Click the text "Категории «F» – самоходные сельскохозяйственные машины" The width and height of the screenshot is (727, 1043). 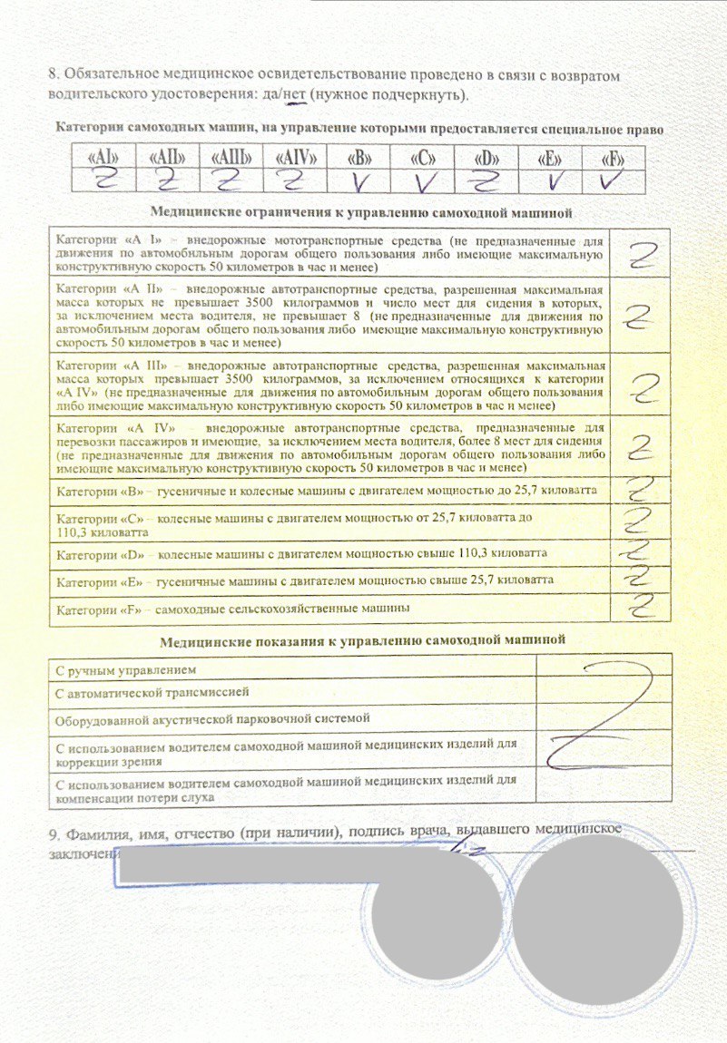(231, 608)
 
